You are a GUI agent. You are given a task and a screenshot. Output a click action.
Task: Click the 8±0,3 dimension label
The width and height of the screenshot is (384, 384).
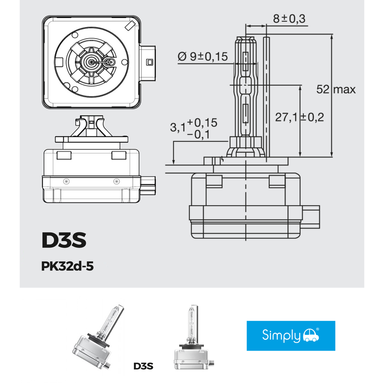pyautogui.click(x=289, y=19)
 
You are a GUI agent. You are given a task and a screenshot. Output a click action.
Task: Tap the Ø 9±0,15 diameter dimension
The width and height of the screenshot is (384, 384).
pyautogui.click(x=202, y=57)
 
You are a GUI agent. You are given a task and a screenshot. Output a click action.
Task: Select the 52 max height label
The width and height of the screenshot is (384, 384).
pyautogui.click(x=336, y=89)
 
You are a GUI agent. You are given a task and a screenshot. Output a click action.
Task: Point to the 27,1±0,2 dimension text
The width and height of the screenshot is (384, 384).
pyautogui.click(x=300, y=117)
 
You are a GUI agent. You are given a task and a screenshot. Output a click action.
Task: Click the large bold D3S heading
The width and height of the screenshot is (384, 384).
pyautogui.click(x=64, y=240)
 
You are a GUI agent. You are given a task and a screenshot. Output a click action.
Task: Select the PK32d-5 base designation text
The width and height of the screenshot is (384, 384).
pyautogui.click(x=67, y=266)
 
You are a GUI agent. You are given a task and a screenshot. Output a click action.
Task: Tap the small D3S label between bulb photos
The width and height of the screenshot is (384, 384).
pyautogui.click(x=143, y=366)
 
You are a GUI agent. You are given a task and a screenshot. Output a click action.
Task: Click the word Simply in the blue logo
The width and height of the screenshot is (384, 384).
pyautogui.click(x=281, y=335)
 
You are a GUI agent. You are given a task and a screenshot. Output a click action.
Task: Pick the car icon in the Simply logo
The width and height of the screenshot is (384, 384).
pyautogui.click(x=311, y=335)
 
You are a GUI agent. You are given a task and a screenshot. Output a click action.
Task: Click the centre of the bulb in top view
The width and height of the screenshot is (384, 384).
pyautogui.click(x=91, y=62)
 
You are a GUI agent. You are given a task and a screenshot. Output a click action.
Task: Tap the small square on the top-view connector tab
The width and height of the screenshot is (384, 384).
pyautogui.click(x=150, y=62)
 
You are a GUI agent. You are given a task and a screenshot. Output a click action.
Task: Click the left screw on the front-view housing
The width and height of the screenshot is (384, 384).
pyautogui.click(x=66, y=181)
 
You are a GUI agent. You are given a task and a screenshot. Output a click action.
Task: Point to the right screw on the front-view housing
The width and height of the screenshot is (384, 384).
pyautogui.click(x=116, y=181)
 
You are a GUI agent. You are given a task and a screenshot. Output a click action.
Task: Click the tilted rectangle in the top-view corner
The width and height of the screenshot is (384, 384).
pyautogui.click(x=130, y=26)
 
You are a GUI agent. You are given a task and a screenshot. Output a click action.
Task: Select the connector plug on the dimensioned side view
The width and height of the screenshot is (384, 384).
pyautogui.click(x=311, y=217)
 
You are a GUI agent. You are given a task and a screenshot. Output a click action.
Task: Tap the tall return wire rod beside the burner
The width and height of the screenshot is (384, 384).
pyautogui.click(x=266, y=97)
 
